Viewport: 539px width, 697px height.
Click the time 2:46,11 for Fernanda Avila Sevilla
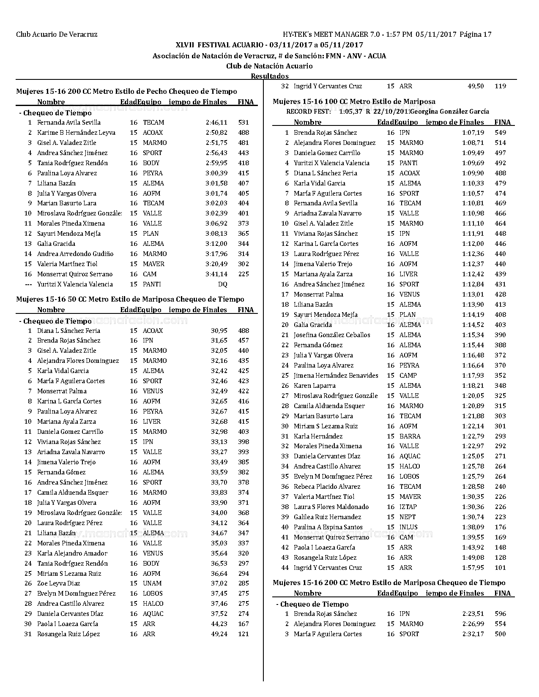216,123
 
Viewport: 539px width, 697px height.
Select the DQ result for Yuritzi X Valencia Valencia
222,284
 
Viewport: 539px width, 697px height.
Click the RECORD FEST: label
309,112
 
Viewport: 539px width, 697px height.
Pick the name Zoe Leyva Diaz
58,583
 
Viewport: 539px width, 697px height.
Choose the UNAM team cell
153,583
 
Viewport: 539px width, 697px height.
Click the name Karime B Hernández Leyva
76,133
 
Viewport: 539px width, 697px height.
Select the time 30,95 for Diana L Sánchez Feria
219,331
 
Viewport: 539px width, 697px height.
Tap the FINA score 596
500,614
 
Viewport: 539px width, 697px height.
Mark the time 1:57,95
473,568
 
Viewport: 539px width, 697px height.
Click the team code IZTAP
408,507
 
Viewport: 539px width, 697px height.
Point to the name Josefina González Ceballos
332,335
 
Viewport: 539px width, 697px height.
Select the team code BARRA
410,436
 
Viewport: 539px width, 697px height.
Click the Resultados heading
270,76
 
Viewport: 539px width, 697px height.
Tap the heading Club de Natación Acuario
269,66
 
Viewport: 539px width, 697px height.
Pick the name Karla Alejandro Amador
72,553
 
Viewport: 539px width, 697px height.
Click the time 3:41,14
216,274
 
